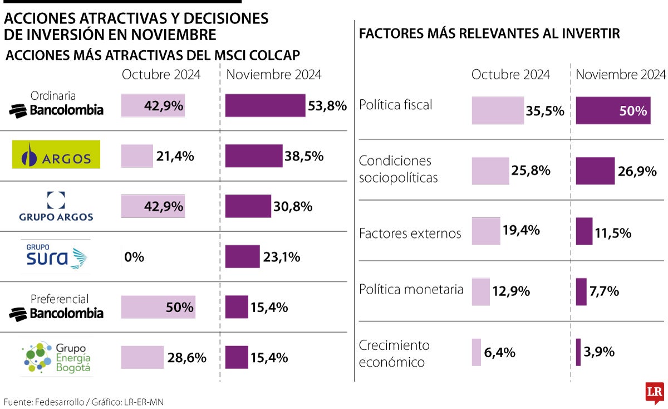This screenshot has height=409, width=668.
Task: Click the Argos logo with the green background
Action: tap(56, 154)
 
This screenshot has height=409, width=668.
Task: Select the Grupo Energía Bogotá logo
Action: tap(56, 357)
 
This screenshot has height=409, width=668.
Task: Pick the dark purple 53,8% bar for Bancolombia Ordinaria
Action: tap(266, 105)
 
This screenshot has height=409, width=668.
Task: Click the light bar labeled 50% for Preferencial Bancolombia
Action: tap(158, 307)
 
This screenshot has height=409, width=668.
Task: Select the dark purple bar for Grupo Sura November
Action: tap(242, 257)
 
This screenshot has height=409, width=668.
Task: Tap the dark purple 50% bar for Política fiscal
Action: tap(612, 110)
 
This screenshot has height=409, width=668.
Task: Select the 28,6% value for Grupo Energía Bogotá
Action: tap(187, 358)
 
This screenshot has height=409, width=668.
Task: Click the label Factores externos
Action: tap(410, 233)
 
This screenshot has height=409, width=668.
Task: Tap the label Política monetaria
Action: tap(411, 289)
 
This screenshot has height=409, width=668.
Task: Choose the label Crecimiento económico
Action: tap(394, 353)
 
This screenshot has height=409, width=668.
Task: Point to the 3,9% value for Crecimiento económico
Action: tap(599, 352)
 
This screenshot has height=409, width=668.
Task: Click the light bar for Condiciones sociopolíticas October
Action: tap(490, 171)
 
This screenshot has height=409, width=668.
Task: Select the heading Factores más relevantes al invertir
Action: tap(489, 34)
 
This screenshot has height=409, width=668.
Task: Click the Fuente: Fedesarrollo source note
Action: tap(83, 402)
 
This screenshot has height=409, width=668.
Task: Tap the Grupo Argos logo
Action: tap(56, 206)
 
